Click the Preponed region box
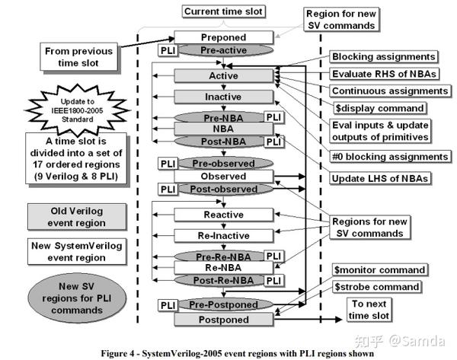pos(223,37)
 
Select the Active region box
pos(223,75)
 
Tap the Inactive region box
pos(223,97)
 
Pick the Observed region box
pos(223,177)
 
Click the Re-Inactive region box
pos(223,236)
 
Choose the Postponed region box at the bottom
pos(223,320)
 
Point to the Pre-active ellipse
pos(226,50)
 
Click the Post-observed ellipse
pos(226,189)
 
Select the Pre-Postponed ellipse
pos(226,304)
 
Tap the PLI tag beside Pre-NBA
pos(274,117)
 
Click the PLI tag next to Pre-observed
pos(168,164)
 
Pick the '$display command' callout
pos(379,108)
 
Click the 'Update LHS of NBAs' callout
pos(380,178)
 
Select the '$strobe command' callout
pos(376,287)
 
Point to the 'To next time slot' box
pos(369,310)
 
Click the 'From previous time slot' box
pos(78,57)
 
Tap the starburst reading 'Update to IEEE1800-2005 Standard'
pos(77,110)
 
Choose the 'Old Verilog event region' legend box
pos(77,217)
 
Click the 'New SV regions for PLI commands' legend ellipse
pos(77,298)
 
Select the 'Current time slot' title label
pos(223,11)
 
